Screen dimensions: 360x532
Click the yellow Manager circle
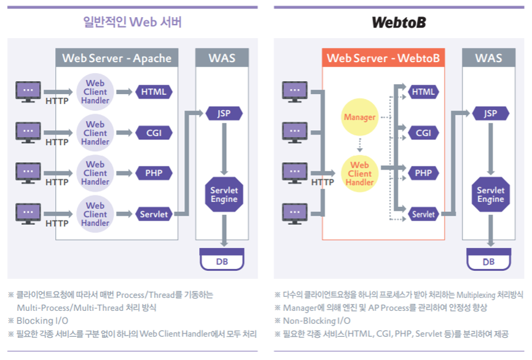(x=359, y=117)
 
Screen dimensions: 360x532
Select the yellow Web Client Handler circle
(x=359, y=173)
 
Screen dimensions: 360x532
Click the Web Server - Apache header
(x=117, y=58)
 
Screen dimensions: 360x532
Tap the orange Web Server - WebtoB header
(x=383, y=58)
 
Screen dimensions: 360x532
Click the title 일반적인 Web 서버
(x=133, y=23)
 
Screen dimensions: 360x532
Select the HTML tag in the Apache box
(x=154, y=92)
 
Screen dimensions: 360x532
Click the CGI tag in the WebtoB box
(x=423, y=133)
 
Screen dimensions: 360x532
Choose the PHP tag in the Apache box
(x=154, y=173)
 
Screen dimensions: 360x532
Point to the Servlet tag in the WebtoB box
(x=423, y=214)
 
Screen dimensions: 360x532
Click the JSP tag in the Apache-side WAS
(x=224, y=114)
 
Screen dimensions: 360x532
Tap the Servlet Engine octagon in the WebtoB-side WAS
(x=490, y=195)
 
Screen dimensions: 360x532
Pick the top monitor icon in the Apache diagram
(x=28, y=91)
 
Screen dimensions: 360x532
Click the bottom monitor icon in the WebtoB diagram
(x=295, y=214)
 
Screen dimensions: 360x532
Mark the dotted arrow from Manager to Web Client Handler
(x=359, y=145)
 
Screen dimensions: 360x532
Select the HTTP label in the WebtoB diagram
(x=323, y=182)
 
